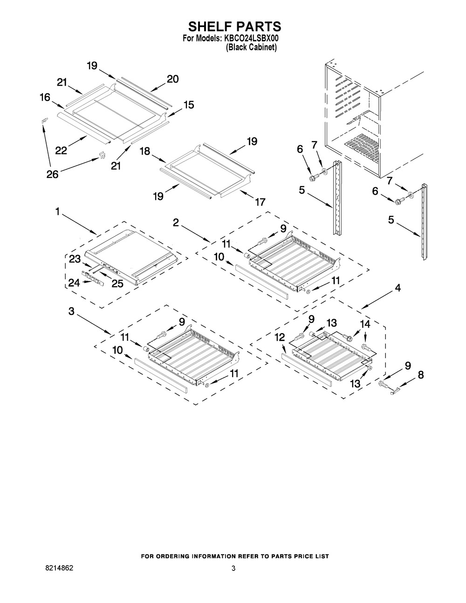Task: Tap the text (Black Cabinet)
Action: (251, 48)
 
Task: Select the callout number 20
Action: (172, 79)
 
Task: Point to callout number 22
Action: (61, 151)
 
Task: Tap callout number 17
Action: (260, 202)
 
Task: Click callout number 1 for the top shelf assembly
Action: (57, 212)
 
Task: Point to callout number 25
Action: (117, 283)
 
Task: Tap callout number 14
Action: (366, 324)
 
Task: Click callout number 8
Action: (420, 375)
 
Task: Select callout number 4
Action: (397, 288)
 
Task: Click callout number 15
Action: (188, 105)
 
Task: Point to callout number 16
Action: (45, 97)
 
